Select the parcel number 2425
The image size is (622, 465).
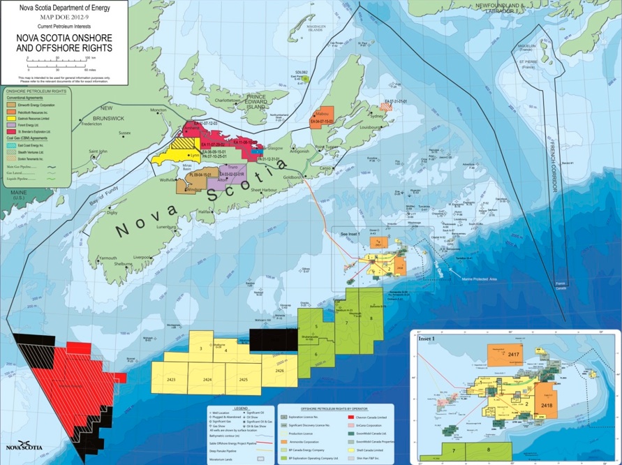pos(242,379)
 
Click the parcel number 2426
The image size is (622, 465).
pos(280,371)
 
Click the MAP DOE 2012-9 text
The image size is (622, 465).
pos(64,16)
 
